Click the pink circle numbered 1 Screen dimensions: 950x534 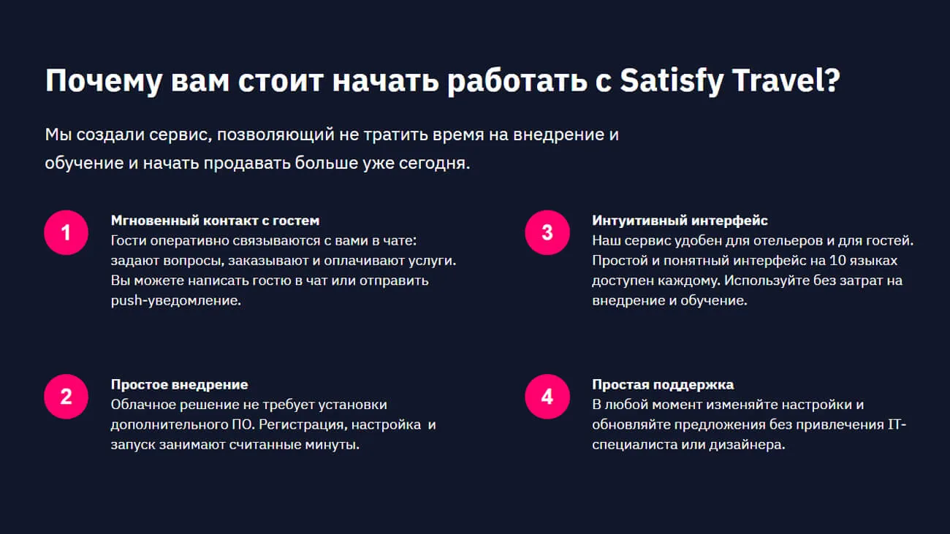click(x=66, y=232)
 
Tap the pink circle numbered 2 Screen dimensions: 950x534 click(x=66, y=396)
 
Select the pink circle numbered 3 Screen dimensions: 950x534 click(x=547, y=232)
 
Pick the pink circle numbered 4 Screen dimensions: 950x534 click(x=547, y=396)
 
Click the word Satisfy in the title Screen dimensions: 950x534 click(x=672, y=80)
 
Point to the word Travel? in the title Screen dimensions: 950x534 click(x=786, y=80)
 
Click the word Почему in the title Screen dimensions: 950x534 click(x=104, y=81)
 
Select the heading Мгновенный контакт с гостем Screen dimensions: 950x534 click(x=215, y=221)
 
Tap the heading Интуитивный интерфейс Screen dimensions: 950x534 click(x=680, y=221)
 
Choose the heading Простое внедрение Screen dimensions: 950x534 click(x=179, y=384)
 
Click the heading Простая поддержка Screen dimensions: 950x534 click(x=663, y=384)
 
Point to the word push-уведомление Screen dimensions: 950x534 click(x=176, y=300)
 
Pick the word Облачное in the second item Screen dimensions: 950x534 click(x=143, y=404)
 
